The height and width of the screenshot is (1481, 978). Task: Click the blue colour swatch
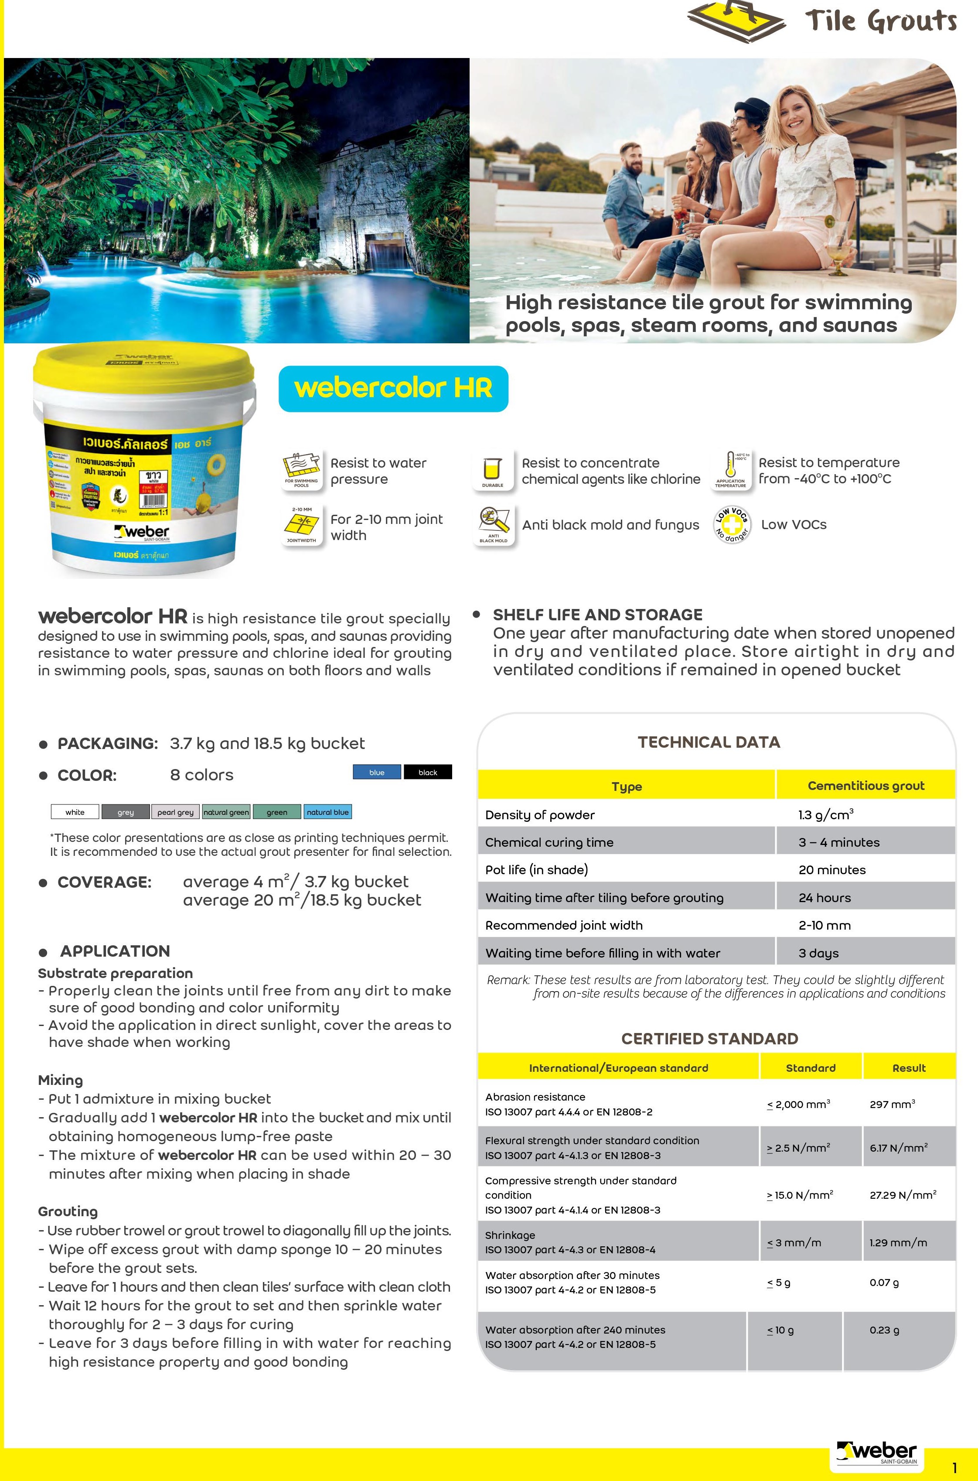(x=377, y=772)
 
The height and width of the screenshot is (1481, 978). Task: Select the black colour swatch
(x=428, y=772)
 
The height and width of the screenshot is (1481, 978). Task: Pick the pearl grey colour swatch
(x=175, y=812)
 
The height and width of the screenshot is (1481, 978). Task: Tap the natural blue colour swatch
(x=327, y=812)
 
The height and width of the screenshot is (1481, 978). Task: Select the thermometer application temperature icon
(x=731, y=470)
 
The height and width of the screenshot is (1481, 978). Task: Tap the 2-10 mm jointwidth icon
(x=301, y=525)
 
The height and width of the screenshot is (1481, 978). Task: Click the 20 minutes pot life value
(x=831, y=870)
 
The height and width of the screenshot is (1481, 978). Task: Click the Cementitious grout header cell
(x=866, y=785)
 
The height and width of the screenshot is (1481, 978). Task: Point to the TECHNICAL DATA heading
(x=709, y=742)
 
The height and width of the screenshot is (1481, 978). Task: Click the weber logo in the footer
(x=878, y=1452)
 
